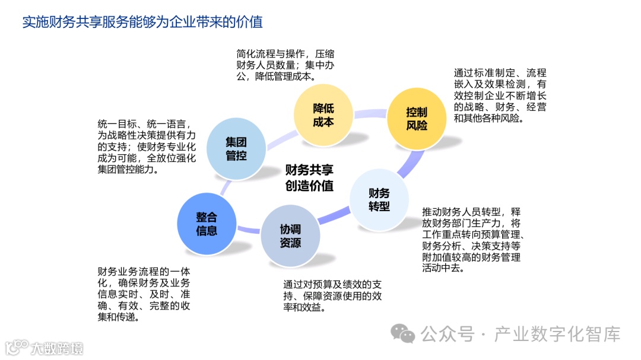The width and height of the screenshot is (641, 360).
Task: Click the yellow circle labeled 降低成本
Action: tap(323, 115)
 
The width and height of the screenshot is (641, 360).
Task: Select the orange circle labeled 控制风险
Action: tap(416, 119)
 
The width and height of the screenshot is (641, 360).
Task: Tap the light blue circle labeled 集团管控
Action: tap(236, 149)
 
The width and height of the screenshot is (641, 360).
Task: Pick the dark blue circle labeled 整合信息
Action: tap(206, 224)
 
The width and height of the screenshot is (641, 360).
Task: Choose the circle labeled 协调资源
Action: tap(290, 235)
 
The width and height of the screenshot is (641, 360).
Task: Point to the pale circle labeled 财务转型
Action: tap(379, 200)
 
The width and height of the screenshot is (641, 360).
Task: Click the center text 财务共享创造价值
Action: tap(309, 177)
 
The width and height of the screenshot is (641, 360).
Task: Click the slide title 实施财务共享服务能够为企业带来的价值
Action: tap(142, 23)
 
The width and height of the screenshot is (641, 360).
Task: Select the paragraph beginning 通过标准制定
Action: tap(500, 95)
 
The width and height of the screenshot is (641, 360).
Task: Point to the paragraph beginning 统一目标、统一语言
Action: tap(145, 146)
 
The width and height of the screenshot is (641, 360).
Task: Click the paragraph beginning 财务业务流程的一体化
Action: tap(144, 294)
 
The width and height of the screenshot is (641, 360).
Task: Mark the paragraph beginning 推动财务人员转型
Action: tap(472, 240)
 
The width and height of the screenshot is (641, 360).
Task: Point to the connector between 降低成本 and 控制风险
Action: tap(370, 112)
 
